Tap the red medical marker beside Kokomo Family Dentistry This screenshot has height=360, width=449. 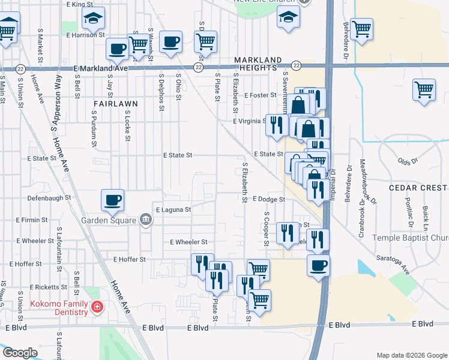click(x=97, y=308)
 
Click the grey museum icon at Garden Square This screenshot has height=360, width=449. click(x=145, y=220)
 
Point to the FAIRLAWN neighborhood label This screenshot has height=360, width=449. click(x=116, y=103)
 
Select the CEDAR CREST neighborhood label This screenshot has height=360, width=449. click(x=418, y=187)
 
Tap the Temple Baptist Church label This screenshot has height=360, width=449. click(x=411, y=238)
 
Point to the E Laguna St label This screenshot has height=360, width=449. click(x=173, y=210)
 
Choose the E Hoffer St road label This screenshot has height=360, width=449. click(x=130, y=259)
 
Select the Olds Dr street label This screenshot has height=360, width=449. click(x=407, y=161)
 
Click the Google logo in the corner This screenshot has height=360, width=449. click(x=20, y=353)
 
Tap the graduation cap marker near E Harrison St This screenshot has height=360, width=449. click(x=93, y=20)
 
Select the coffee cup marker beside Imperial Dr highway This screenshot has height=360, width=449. click(x=318, y=265)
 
